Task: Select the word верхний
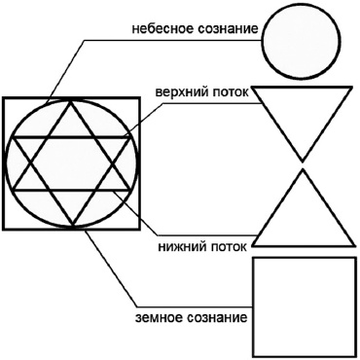pos(181,93)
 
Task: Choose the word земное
pos(156,318)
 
